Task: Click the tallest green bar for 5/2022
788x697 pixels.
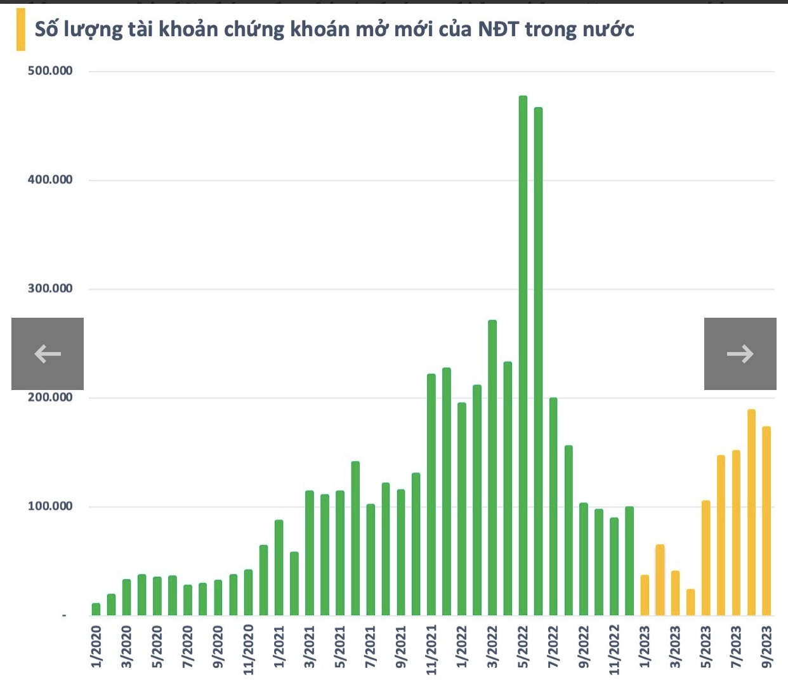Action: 523,355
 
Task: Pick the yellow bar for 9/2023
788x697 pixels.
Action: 766,521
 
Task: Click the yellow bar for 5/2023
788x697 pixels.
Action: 706,557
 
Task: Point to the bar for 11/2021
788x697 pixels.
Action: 431,495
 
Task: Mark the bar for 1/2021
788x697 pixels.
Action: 279,568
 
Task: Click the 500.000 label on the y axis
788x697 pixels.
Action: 50,70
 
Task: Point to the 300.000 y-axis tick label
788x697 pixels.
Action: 50,289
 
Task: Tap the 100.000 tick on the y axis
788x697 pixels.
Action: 50,506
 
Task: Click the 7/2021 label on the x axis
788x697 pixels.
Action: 371,647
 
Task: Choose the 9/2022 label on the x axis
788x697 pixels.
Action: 584,647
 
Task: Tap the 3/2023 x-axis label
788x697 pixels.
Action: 675,647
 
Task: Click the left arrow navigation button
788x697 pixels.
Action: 48,353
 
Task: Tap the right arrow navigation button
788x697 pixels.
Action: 740,353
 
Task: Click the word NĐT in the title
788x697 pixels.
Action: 498,29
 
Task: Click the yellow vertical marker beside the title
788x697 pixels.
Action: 21,29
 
